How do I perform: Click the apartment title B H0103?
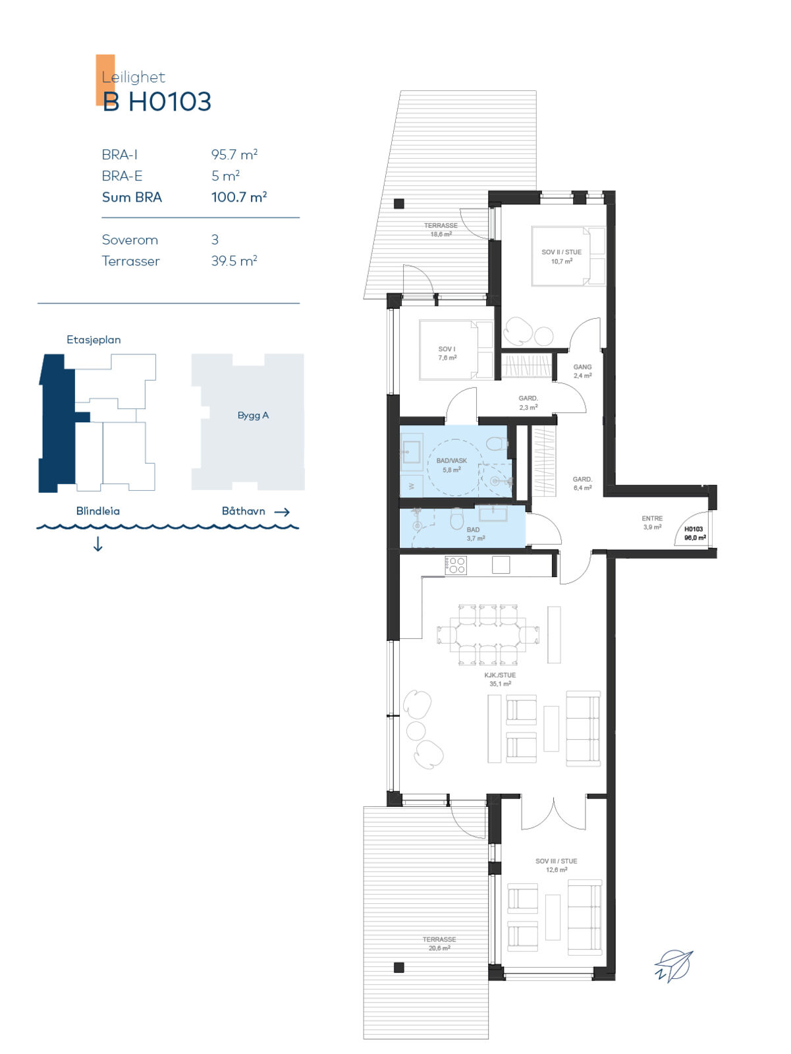point(157,102)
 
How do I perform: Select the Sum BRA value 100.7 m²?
point(239,197)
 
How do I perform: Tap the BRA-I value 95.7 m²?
point(234,155)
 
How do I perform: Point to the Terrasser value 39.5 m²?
point(234,261)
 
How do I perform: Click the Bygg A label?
point(253,416)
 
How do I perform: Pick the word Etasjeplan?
point(94,339)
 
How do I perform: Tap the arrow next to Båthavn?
point(282,512)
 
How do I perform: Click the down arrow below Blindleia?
point(98,544)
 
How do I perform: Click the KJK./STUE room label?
point(500,675)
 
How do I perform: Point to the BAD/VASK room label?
point(451,460)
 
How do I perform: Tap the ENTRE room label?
point(652,518)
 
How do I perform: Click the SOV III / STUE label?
point(556,861)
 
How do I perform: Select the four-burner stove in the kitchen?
point(455,565)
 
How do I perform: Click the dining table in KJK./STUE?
point(487,634)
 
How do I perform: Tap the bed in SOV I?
point(456,350)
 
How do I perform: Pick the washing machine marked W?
point(412,486)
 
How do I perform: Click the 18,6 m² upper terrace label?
point(441,235)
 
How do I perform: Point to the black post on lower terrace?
point(398,967)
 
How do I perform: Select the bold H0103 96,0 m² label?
point(695,534)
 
